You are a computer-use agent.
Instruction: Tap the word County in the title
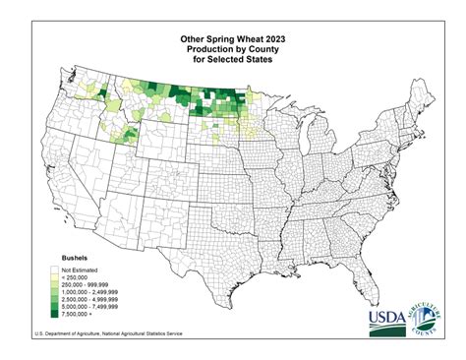266,51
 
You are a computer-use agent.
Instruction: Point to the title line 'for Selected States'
233,62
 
